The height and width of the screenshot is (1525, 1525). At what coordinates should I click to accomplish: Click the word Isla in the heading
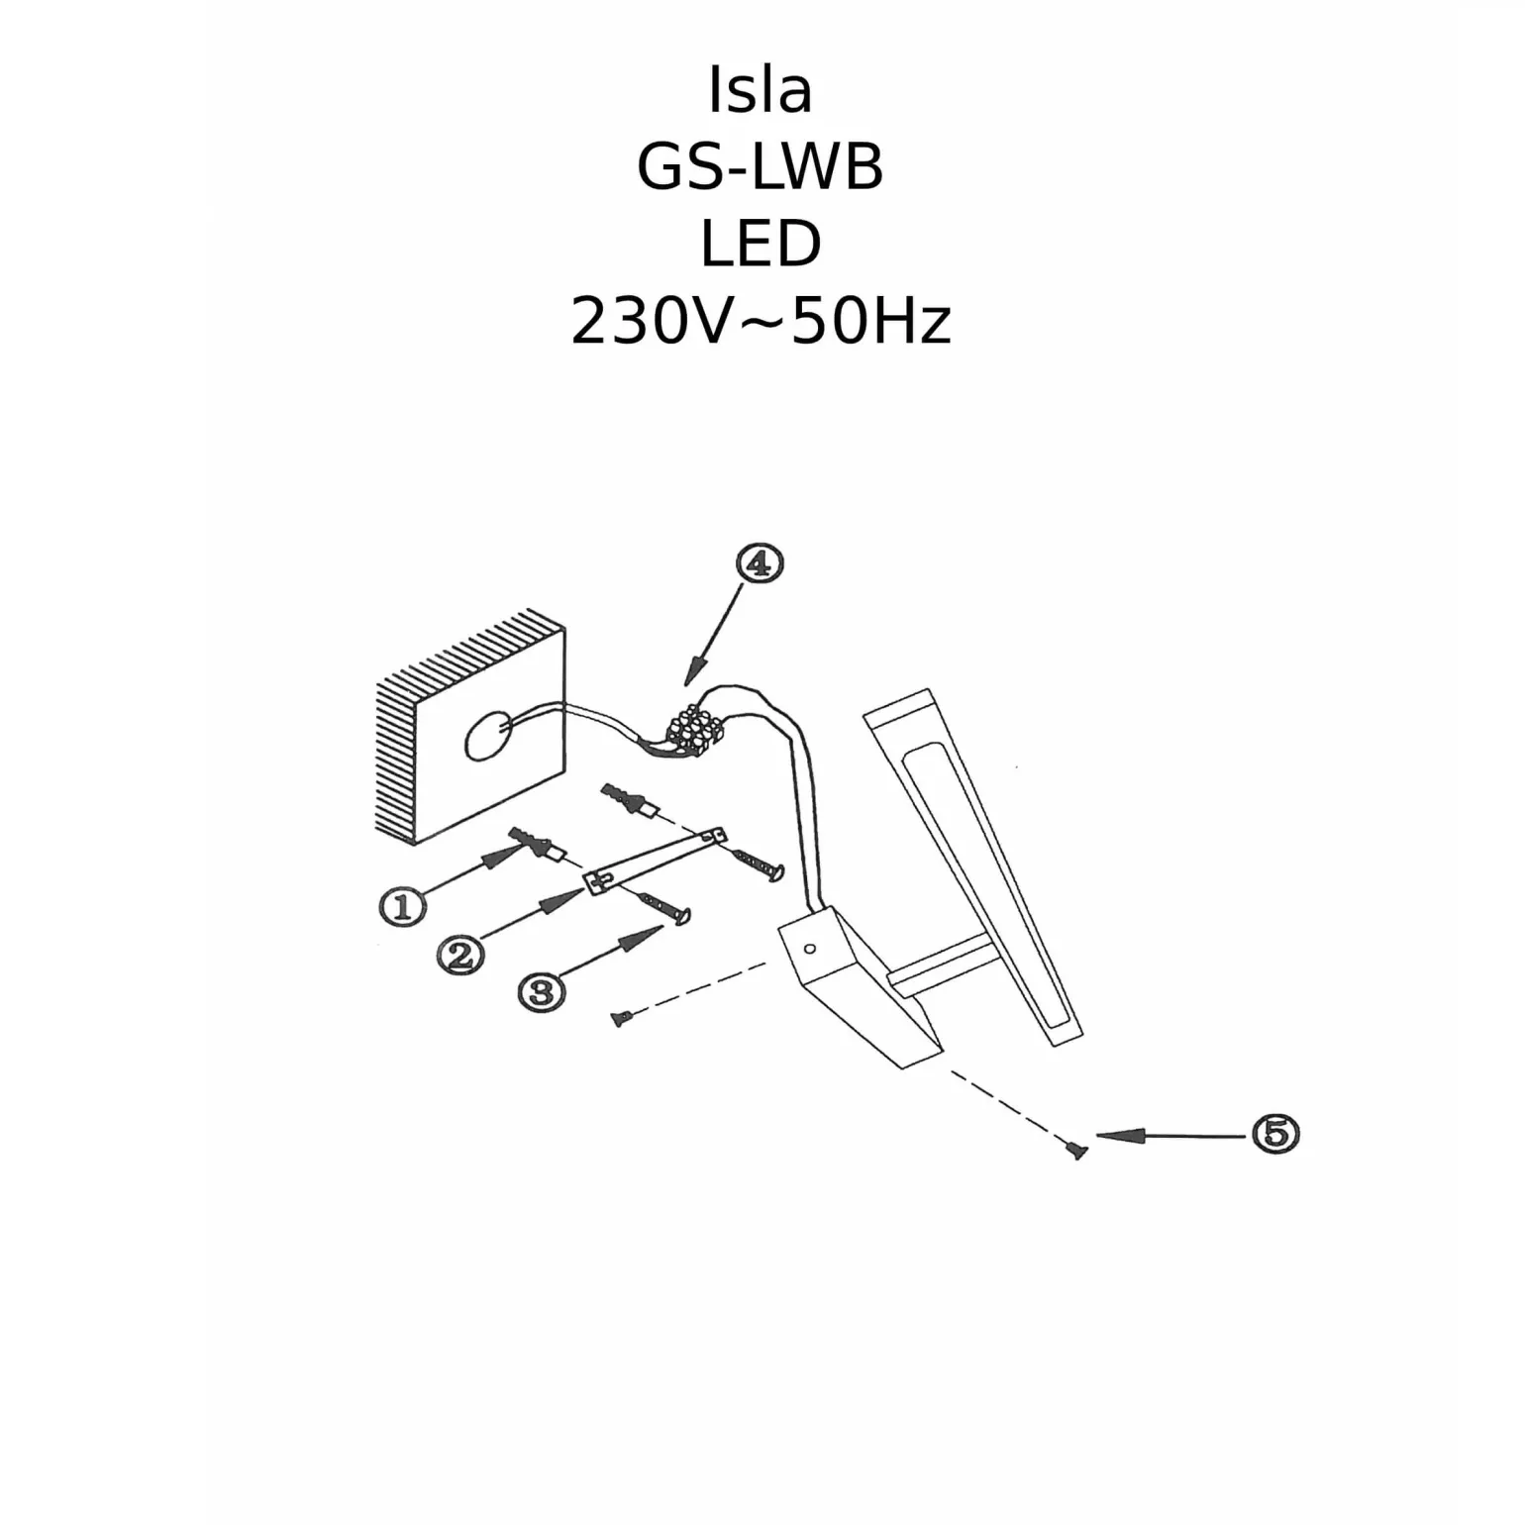761,90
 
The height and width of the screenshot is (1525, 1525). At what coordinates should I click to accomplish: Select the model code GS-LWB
760,166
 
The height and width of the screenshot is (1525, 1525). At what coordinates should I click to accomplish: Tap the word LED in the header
761,244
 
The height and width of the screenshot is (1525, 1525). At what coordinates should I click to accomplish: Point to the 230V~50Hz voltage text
761,322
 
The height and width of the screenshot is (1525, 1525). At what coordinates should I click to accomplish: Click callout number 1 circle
402,906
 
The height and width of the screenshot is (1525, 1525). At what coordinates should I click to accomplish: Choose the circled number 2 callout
460,955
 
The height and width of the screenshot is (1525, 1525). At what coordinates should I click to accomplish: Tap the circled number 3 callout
541,990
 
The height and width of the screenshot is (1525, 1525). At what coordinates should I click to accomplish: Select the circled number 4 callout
760,563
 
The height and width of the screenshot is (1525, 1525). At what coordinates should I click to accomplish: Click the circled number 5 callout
1275,1133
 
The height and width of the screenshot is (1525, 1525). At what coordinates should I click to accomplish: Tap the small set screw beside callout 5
1076,1151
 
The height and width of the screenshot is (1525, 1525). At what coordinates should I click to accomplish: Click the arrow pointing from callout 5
1169,1136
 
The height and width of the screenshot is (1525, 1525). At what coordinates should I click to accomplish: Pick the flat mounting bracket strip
656,861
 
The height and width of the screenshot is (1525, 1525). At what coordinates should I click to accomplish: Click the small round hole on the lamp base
810,949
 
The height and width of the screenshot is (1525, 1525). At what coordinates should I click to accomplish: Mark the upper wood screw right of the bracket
761,864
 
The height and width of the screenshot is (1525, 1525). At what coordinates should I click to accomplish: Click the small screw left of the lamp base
620,1017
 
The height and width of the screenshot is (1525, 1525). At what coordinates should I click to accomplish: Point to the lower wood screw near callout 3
665,908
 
